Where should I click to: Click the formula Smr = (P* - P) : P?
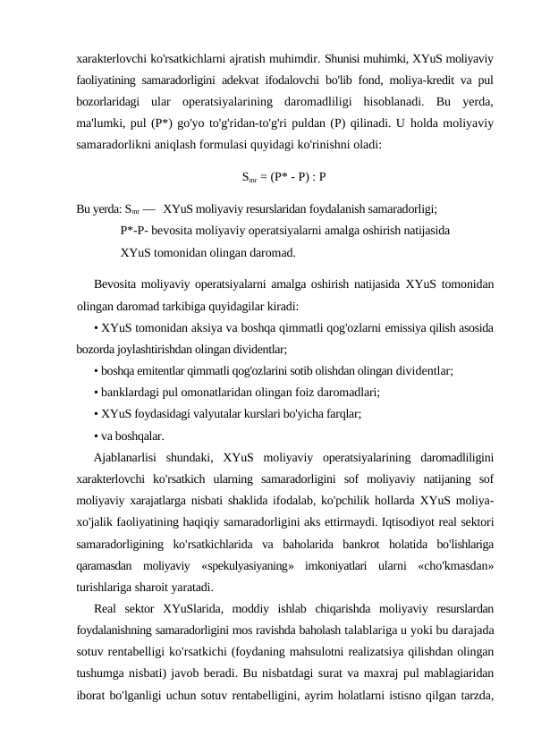[283, 176]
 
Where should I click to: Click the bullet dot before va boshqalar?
[96, 435]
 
